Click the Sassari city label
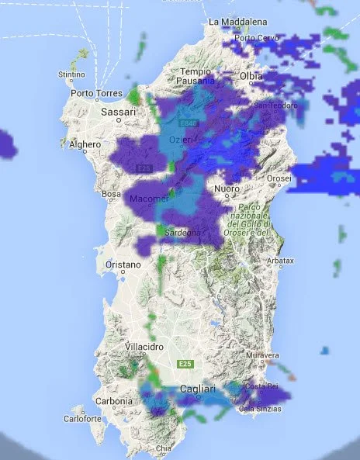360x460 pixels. (x=119, y=112)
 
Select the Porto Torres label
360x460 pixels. (x=93, y=94)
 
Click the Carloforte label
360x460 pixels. (x=83, y=418)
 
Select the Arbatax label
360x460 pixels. (x=279, y=261)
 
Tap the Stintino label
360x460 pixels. (x=71, y=74)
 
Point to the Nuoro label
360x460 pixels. (x=226, y=188)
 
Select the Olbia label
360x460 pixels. (x=251, y=76)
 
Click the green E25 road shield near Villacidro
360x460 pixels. (x=185, y=364)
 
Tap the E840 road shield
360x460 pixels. (x=185, y=123)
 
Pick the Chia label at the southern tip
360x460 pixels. (x=163, y=448)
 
